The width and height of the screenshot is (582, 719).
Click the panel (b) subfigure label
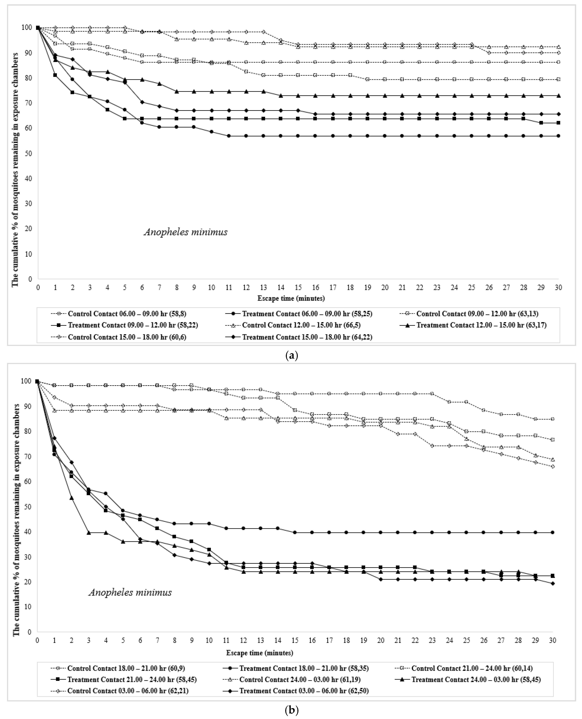pyautogui.click(x=291, y=710)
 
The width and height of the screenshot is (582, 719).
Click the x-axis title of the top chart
pyautogui.click(x=291, y=298)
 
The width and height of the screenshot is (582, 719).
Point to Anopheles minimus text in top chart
pyautogui.click(x=186, y=232)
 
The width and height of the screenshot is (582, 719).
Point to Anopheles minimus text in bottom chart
pyautogui.click(x=130, y=592)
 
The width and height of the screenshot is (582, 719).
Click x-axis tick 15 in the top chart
pyautogui.click(x=298, y=288)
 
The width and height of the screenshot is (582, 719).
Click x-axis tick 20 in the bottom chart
pyautogui.click(x=381, y=640)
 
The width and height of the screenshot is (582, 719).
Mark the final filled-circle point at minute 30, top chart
pyautogui.click(x=558, y=136)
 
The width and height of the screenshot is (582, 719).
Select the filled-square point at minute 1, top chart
pyautogui.click(x=55, y=75)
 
